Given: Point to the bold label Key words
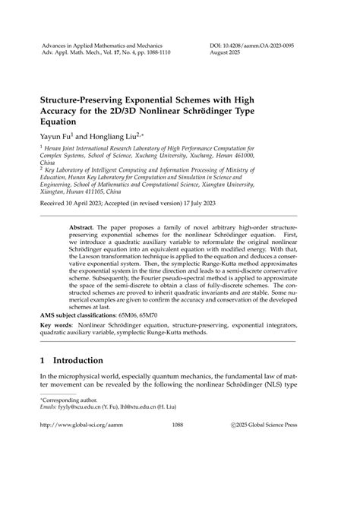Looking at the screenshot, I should pyautogui.click(x=58, y=325).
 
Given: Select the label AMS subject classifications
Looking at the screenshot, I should pyautogui.click(x=82, y=314).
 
